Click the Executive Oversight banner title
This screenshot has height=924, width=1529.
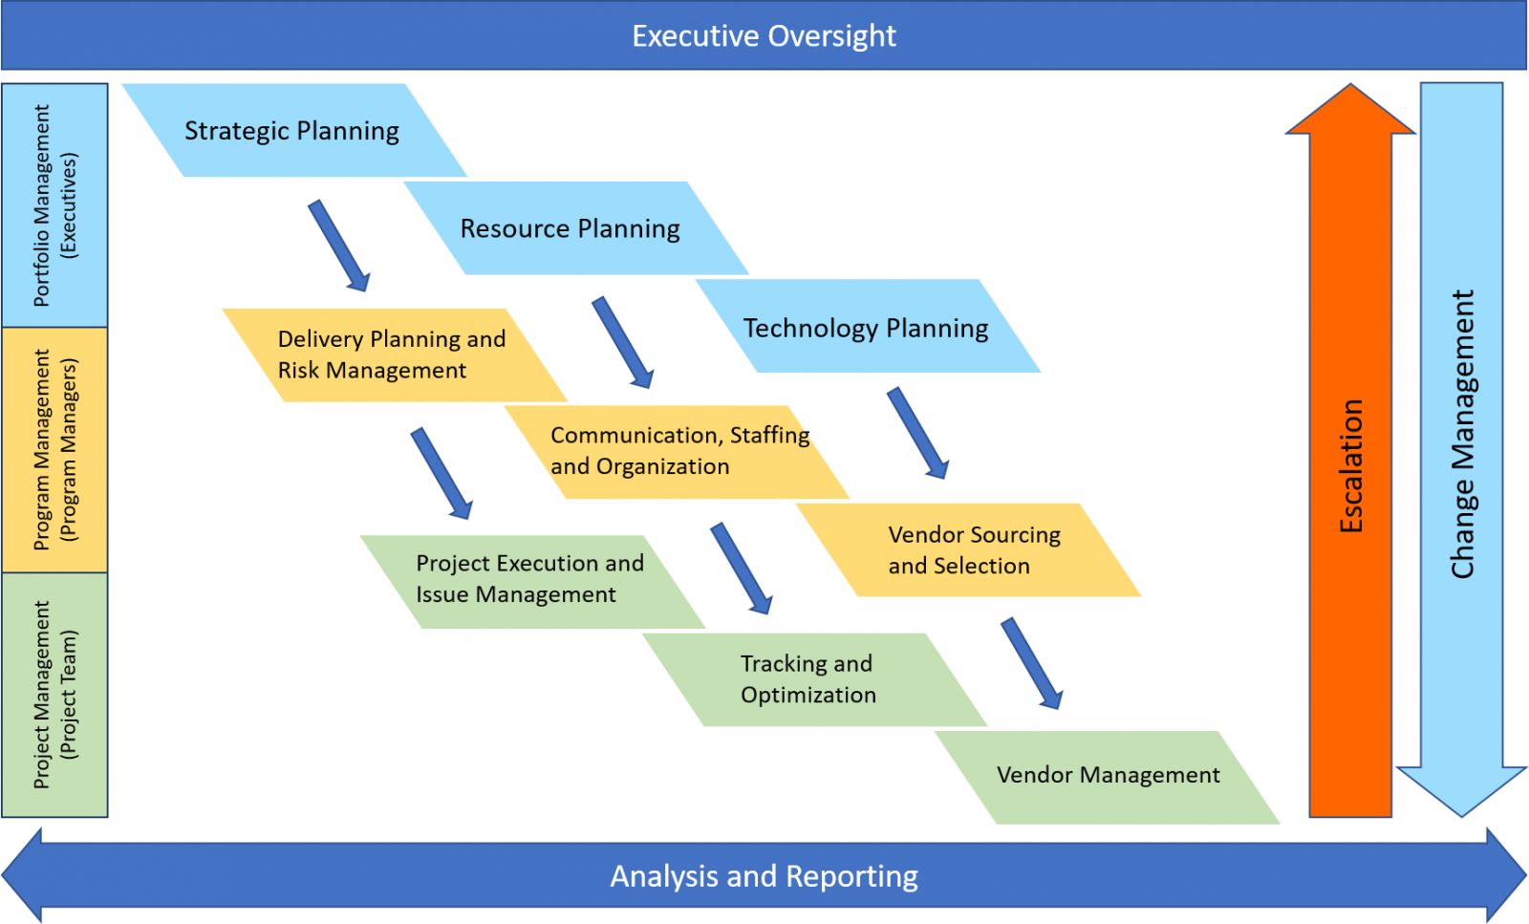[x=764, y=36]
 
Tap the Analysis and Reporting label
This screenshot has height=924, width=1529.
[x=764, y=876]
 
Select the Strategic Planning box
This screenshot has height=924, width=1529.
[x=294, y=130]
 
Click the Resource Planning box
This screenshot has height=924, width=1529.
[x=576, y=228]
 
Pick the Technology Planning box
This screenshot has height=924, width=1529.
[x=868, y=326]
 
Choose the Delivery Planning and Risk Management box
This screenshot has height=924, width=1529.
[x=395, y=355]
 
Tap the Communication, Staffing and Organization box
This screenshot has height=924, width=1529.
[x=677, y=452]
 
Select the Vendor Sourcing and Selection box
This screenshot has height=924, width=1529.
[x=968, y=550]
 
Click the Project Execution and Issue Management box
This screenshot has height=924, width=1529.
[x=532, y=581]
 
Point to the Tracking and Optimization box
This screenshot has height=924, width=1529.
[x=814, y=679]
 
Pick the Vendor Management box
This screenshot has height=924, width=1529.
[x=1108, y=777]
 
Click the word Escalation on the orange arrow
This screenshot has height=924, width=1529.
[x=1351, y=466]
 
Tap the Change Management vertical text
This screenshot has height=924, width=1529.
[x=1462, y=435]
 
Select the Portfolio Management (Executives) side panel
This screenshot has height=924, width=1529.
[x=54, y=205]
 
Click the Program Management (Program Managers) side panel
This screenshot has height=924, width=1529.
[x=54, y=450]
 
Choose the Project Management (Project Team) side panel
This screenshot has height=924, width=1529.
[x=54, y=695]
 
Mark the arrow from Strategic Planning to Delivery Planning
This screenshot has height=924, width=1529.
[x=339, y=247]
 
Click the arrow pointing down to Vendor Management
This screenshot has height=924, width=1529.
[x=1032, y=664]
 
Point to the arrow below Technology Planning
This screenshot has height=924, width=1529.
[x=918, y=434]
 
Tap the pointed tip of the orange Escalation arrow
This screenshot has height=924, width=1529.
[x=1350, y=85]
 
